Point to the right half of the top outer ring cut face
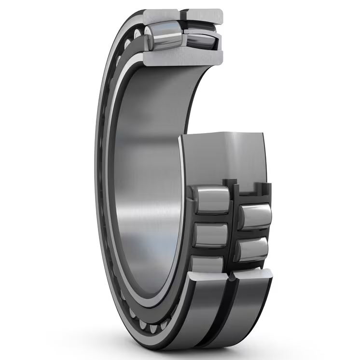205,15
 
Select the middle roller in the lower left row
211,235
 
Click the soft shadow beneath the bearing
193,351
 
